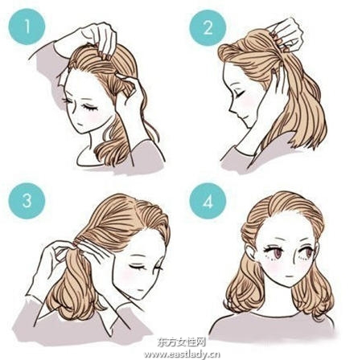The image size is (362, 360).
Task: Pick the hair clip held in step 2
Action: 276,37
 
